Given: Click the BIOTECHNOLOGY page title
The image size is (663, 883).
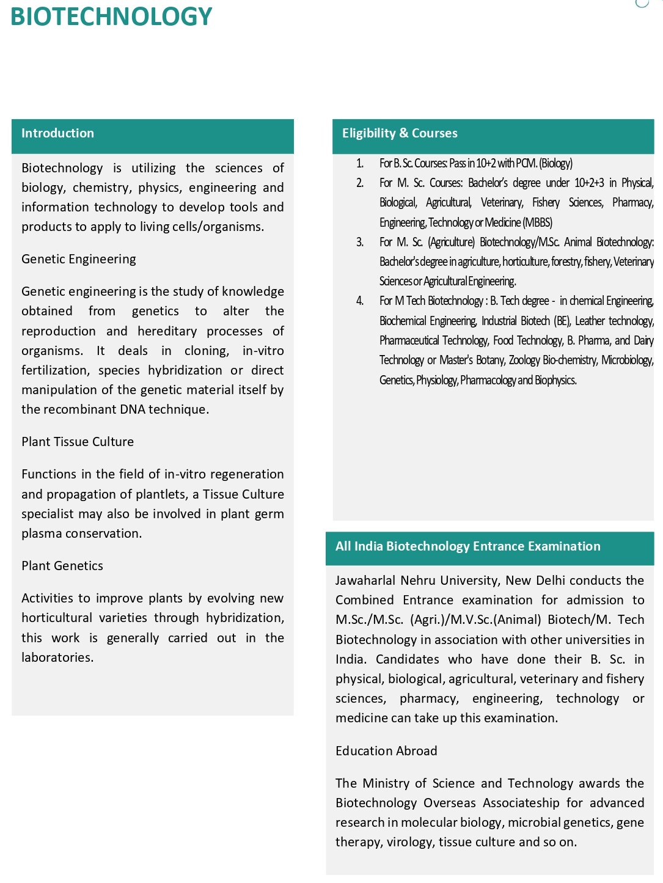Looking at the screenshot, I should point(111,16).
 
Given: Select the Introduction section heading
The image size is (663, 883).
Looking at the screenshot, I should point(57,133).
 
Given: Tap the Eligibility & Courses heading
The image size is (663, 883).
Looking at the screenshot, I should point(400,133).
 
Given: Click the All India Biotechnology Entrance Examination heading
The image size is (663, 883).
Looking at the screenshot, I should point(467,546).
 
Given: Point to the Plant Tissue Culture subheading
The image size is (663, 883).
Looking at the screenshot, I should point(78,442).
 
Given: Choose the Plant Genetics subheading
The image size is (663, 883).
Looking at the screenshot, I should point(62,566).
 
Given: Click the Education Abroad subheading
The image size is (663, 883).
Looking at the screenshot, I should point(386,751).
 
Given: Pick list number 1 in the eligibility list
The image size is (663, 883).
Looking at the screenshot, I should point(360,163).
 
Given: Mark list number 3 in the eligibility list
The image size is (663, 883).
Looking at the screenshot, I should point(360,242).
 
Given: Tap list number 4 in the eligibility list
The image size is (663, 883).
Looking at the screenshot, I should point(360,301).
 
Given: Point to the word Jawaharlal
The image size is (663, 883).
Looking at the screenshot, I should point(365,581).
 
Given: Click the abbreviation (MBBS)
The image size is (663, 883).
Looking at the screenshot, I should point(538,222).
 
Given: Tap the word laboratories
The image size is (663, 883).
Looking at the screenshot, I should point(57,658).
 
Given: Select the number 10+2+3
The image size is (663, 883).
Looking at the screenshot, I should point(589,183).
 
